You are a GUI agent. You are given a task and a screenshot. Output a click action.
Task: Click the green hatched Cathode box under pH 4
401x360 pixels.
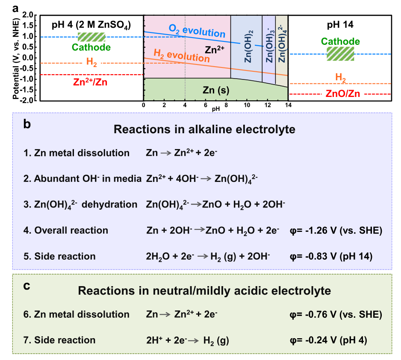coord(91,37)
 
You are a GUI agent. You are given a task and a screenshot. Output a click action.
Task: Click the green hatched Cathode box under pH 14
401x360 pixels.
coord(340,54)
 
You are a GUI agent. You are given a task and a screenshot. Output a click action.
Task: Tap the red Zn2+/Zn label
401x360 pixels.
coord(90,82)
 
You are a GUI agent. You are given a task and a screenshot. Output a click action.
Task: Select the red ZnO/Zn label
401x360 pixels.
coord(343,94)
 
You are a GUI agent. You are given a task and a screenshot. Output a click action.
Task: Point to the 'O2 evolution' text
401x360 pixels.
coord(197,31)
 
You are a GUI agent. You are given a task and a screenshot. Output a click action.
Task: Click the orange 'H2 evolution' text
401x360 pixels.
coord(182,56)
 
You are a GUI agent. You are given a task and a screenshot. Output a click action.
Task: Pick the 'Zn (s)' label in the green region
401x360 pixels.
coord(216,90)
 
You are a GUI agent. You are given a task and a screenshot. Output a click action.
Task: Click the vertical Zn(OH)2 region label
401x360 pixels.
coord(248,47)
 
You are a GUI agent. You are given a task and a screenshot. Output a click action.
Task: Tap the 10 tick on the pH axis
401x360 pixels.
coord(247,105)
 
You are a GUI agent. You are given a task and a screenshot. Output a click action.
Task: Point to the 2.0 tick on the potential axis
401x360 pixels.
coord(28,15)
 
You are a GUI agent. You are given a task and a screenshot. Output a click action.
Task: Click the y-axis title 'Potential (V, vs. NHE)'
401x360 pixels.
coord(16,59)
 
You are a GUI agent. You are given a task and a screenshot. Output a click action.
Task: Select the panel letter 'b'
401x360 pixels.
coord(27,124)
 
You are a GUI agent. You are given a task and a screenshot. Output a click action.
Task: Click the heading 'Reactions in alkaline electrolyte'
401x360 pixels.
coord(204,129)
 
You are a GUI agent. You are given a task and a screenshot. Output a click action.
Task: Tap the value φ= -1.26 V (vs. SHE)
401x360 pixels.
coord(336,231)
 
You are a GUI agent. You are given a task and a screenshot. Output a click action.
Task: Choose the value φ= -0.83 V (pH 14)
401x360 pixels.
coord(331,256)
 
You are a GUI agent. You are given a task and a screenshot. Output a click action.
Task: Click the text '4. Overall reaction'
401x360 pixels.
coord(66,231)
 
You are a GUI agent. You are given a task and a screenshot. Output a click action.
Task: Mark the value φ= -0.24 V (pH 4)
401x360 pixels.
coord(328,340)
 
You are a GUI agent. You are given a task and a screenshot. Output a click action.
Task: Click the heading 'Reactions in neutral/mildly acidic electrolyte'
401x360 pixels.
coord(204,291)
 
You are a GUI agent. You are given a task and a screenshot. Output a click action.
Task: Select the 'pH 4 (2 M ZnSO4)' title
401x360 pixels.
coord(91,25)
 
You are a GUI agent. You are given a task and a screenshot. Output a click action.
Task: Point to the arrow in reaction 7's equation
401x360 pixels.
coord(194,341)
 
